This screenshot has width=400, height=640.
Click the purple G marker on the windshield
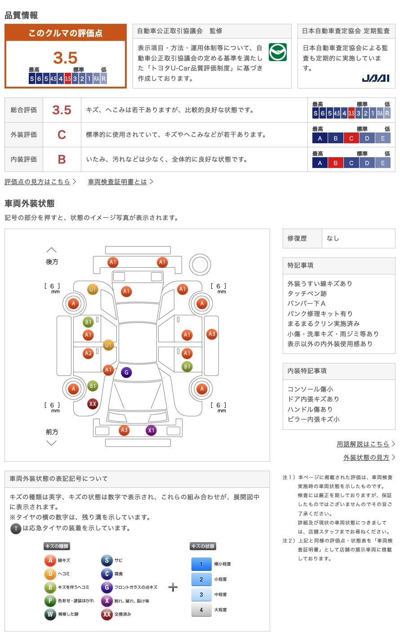(x=126, y=372)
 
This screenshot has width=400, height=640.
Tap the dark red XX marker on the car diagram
(x=92, y=404)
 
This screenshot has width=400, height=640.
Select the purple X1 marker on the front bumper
(x=151, y=430)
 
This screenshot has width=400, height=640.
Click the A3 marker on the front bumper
(x=124, y=430)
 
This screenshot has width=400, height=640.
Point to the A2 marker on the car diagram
(x=88, y=353)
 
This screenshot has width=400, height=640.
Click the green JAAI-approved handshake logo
(x=277, y=52)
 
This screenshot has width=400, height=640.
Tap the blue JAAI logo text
(x=375, y=78)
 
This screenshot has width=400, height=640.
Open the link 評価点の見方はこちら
(x=37, y=182)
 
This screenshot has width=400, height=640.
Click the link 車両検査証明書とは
(x=117, y=182)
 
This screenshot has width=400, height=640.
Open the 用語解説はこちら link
(x=363, y=444)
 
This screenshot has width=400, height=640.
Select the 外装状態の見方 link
(x=366, y=457)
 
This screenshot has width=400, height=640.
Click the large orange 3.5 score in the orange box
(x=65, y=58)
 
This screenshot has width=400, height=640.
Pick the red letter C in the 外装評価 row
(x=62, y=135)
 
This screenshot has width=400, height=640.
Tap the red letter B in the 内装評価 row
(x=62, y=159)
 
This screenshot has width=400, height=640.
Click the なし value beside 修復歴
(x=333, y=238)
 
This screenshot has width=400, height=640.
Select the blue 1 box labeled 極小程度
(x=201, y=564)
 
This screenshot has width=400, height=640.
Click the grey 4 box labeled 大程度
(x=201, y=610)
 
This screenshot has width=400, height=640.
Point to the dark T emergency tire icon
(x=16, y=529)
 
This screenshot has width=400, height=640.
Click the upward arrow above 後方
(x=52, y=250)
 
